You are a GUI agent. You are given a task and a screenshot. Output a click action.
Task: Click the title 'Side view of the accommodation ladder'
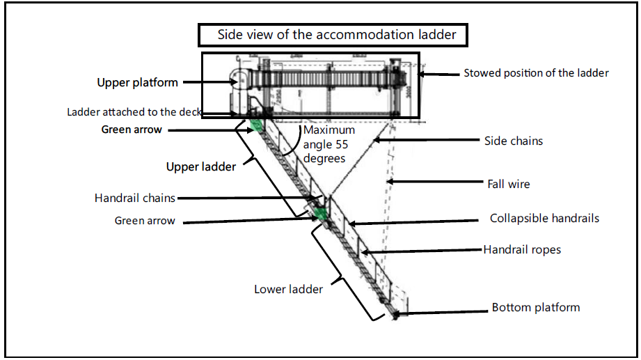click(x=338, y=34)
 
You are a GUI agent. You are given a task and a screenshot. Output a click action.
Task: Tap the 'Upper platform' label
click(x=137, y=82)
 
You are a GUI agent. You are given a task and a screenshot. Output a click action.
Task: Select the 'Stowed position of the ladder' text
click(x=536, y=73)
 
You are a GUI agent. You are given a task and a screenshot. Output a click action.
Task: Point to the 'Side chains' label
click(x=513, y=141)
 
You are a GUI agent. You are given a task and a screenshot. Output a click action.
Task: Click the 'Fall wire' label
click(x=508, y=184)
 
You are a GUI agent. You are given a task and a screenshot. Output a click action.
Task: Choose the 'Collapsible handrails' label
click(x=544, y=219)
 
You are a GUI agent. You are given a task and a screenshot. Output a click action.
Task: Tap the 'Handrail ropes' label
click(x=522, y=249)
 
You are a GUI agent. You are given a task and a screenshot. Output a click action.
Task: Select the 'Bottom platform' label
click(x=535, y=307)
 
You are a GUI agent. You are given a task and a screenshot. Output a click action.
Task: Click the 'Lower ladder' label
click(x=288, y=288)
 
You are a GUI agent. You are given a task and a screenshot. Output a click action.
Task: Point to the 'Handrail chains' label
click(x=135, y=198)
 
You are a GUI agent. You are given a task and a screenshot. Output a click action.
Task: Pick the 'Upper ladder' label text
click(x=200, y=166)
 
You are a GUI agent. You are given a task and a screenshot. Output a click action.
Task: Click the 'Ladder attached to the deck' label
click(x=134, y=112)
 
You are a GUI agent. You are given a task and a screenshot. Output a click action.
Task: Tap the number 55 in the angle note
click(x=340, y=144)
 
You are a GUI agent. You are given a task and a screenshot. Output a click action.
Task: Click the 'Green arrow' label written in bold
click(x=132, y=129)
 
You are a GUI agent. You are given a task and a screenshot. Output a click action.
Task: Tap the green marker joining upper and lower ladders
click(x=320, y=213)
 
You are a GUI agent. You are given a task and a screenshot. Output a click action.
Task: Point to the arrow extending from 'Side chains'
click(x=418, y=141)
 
